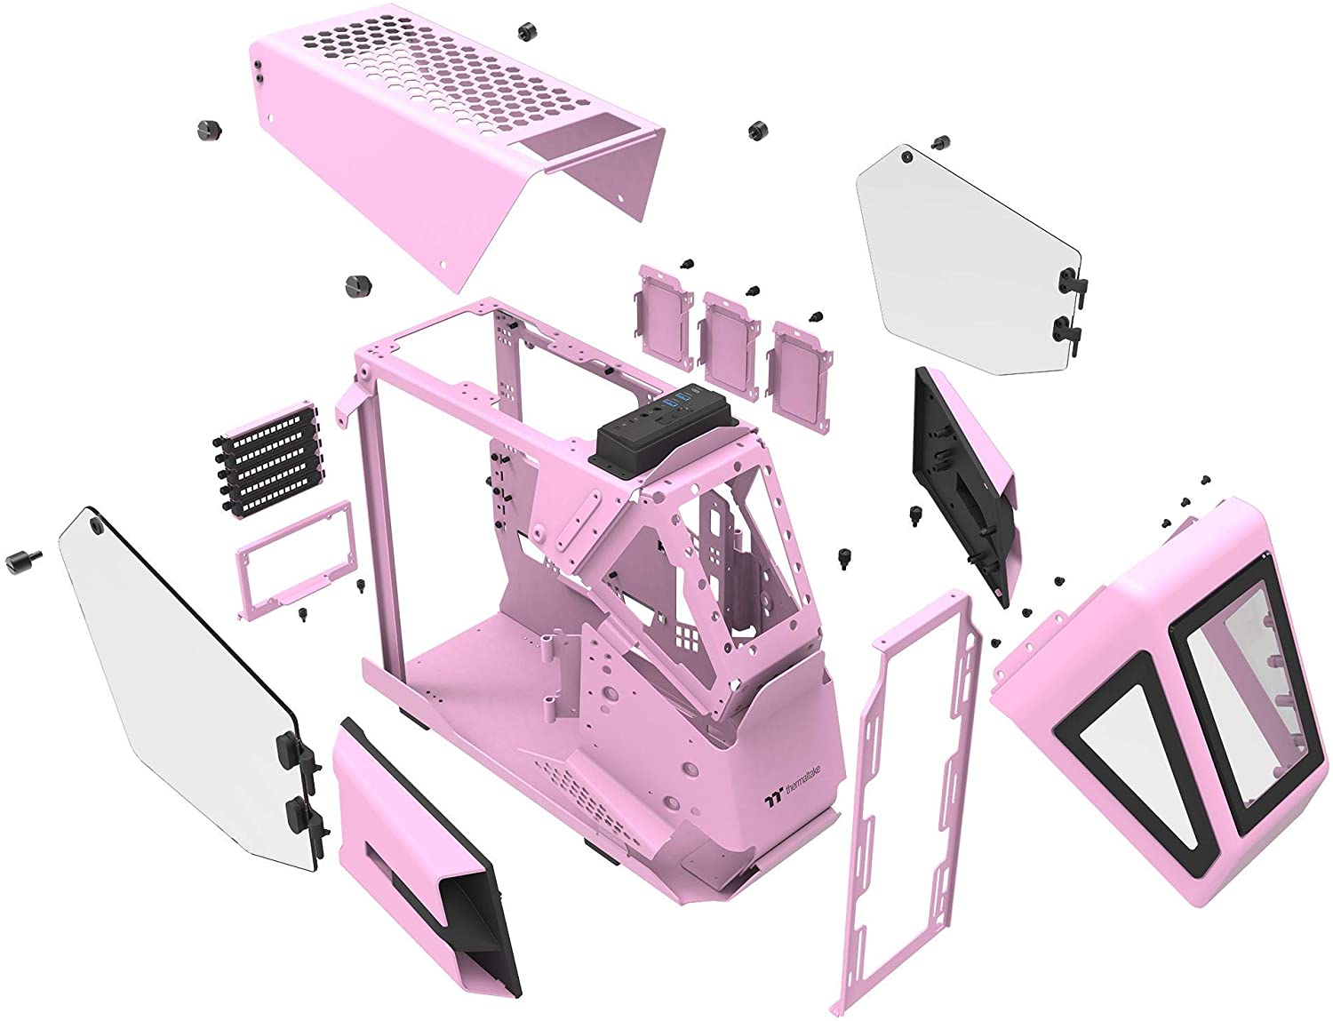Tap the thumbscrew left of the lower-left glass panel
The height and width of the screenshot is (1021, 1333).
coord(21,559)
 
